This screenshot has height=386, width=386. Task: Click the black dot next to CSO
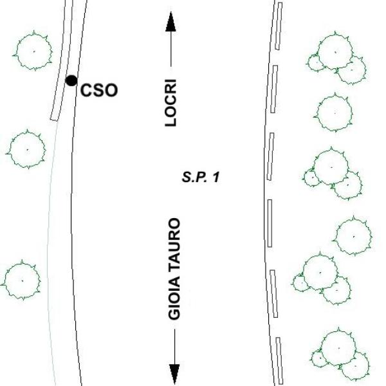(x=71, y=81)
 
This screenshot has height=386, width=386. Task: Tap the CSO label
(x=99, y=90)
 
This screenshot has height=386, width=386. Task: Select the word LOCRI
(x=170, y=103)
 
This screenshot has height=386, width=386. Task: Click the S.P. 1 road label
(x=201, y=178)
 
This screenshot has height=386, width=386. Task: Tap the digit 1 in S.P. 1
(x=216, y=178)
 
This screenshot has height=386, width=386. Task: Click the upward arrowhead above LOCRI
(x=171, y=22)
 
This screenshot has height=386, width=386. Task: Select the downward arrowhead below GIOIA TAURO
(x=174, y=374)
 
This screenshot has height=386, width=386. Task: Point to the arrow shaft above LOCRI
(x=171, y=50)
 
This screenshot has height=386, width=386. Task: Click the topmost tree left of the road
(x=33, y=51)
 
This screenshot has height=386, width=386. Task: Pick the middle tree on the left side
(x=26, y=149)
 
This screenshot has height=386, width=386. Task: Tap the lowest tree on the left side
(x=22, y=280)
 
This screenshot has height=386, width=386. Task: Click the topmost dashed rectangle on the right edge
(x=279, y=26)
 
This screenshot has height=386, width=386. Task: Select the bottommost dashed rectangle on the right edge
(x=279, y=361)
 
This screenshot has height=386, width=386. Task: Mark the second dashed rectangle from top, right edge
(x=274, y=89)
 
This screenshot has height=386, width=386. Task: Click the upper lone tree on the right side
(x=335, y=113)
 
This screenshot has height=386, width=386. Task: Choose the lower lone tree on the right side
(x=353, y=236)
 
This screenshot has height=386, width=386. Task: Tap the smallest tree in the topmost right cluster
(x=316, y=63)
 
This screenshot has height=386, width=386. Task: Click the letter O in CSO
(x=111, y=90)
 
